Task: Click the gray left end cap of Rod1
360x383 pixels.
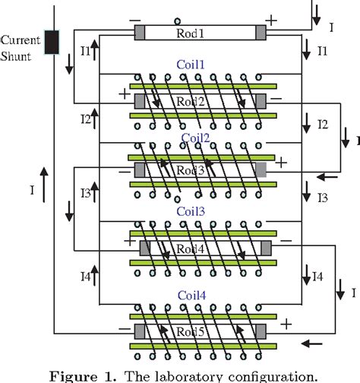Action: [x=141, y=33]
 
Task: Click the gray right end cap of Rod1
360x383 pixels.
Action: [x=261, y=33]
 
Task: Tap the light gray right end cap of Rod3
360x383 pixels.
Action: [x=261, y=169]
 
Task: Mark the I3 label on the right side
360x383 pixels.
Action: [x=324, y=198]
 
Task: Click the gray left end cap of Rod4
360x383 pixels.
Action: [x=145, y=248]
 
